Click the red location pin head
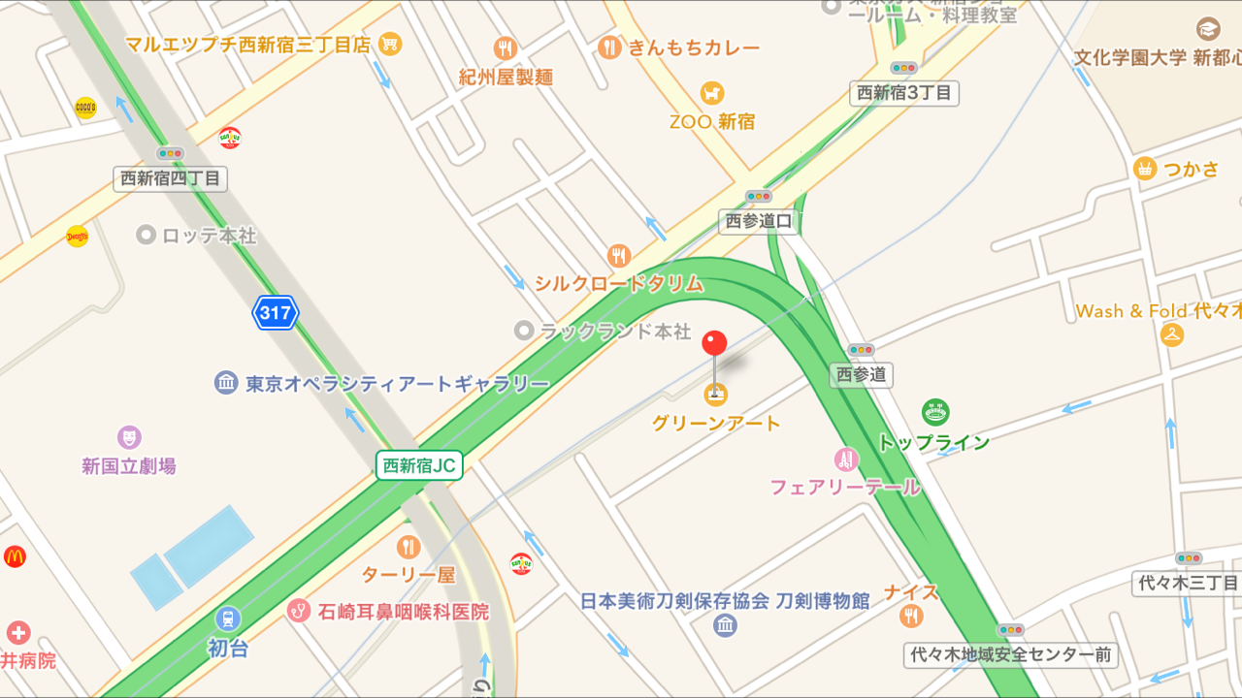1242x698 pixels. [715, 343]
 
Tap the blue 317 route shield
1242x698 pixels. [276, 313]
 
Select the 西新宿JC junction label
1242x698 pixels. [419, 465]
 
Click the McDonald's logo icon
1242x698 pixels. [15, 556]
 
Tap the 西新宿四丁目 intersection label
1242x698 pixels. [170, 178]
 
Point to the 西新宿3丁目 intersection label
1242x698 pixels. [904, 93]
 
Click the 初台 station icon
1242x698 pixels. [228, 618]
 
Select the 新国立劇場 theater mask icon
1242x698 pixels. [129, 437]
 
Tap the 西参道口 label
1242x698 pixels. [759, 222]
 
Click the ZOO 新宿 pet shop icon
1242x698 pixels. [713, 93]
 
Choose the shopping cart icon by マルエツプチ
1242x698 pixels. [390, 44]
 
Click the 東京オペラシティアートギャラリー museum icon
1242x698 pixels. [226, 383]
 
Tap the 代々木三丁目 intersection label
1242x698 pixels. [1189, 584]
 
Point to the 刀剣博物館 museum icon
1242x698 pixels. [725, 625]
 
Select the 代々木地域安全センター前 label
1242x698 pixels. [1011, 655]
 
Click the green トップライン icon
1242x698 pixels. [935, 413]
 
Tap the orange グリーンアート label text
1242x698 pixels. [716, 424]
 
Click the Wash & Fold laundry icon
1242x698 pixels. [1172, 335]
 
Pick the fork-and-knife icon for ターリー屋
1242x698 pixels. [409, 547]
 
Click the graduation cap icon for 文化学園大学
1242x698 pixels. [1208, 29]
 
